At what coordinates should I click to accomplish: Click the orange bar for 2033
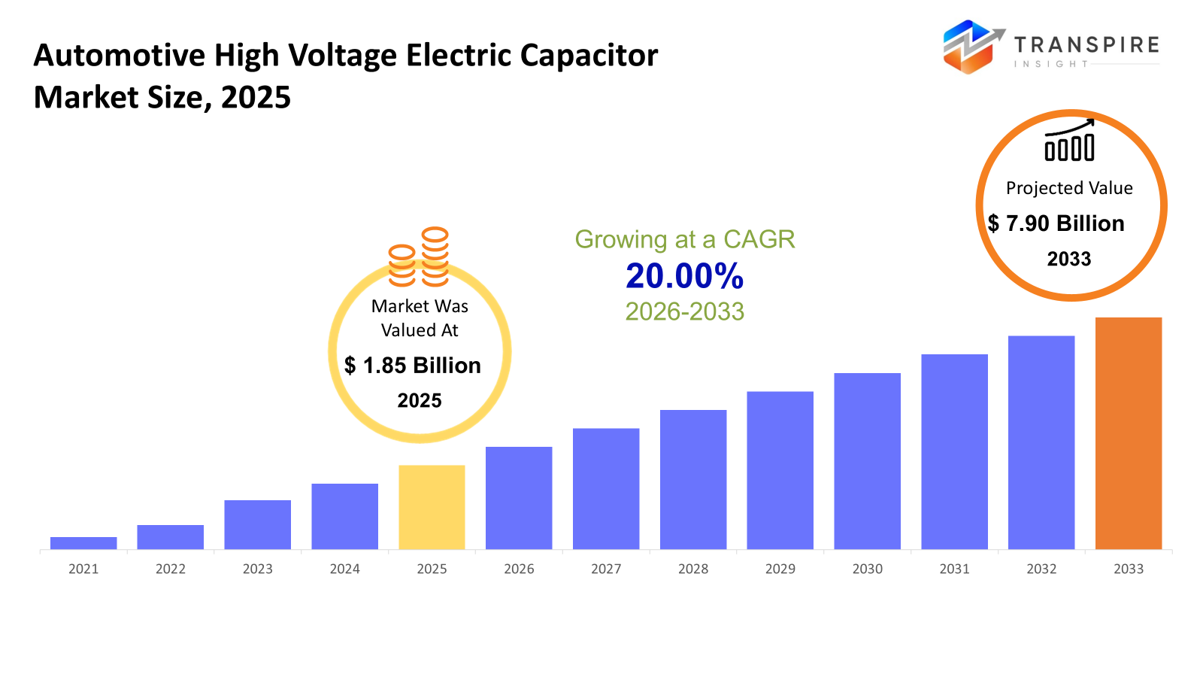1128,433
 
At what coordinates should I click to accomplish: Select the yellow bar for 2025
432,507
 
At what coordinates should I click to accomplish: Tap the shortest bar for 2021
83,543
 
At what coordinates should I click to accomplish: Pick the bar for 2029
780,470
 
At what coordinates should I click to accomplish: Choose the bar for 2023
257,524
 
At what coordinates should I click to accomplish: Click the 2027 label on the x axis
606,569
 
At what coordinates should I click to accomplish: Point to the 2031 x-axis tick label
954,569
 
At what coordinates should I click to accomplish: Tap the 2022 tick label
171,569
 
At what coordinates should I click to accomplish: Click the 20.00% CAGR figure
684,276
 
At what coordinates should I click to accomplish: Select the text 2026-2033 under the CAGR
684,311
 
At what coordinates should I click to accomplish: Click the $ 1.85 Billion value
413,366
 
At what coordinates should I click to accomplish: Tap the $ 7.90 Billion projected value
1056,223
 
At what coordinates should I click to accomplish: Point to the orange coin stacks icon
419,257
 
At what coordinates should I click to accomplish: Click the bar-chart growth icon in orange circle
1069,141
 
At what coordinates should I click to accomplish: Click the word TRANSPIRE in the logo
1086,45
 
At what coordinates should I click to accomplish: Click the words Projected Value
1069,188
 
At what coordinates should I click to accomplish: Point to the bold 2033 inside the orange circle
1069,259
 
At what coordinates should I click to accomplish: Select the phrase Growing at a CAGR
684,239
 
